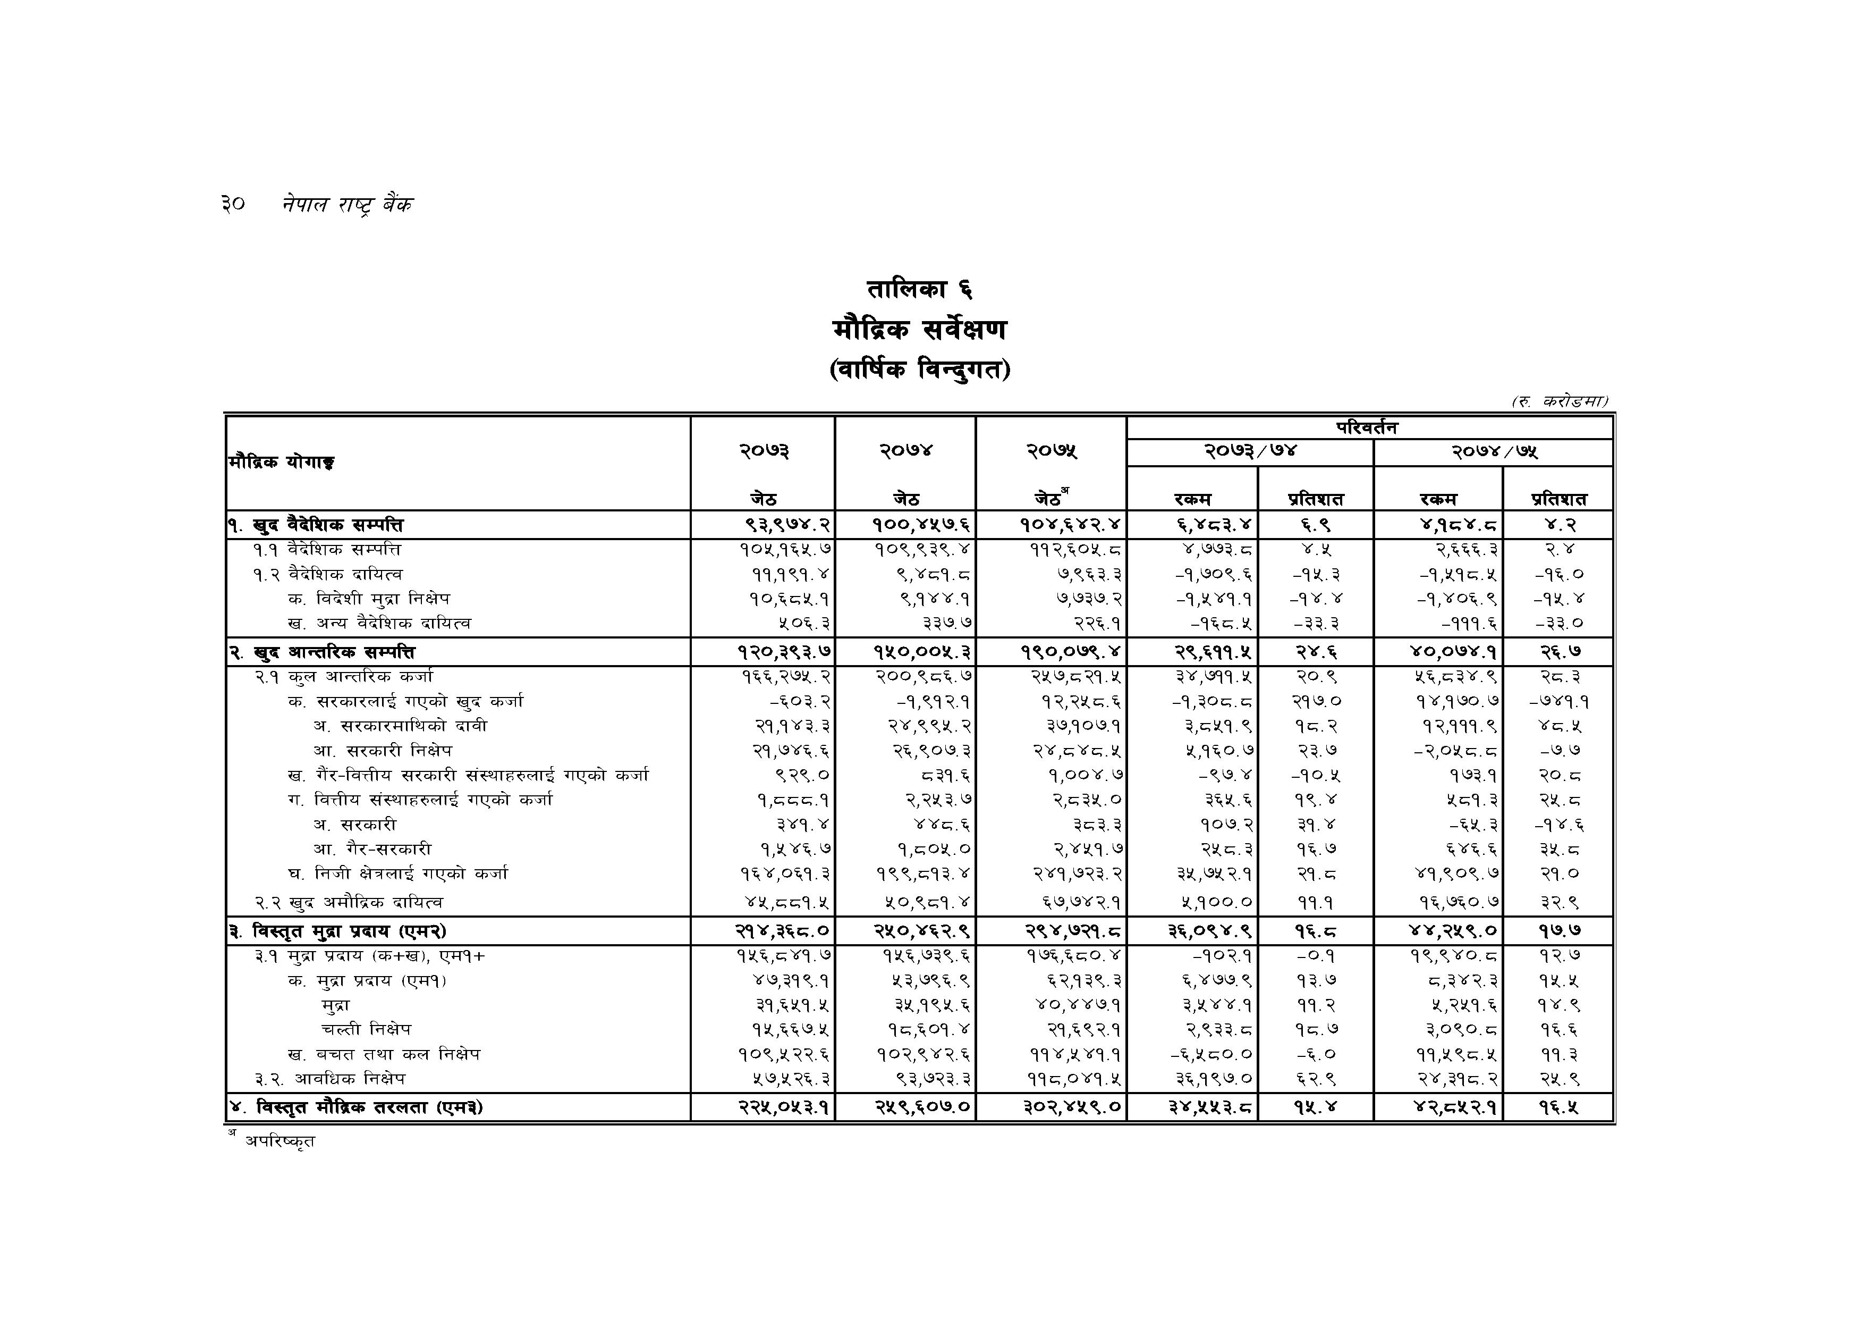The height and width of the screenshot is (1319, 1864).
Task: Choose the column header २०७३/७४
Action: click(1250, 451)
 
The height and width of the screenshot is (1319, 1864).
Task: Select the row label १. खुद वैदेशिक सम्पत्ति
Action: click(317, 525)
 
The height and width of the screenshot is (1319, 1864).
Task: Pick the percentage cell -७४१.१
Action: click(1559, 701)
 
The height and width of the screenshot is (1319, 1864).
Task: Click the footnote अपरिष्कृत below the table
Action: click(280, 1141)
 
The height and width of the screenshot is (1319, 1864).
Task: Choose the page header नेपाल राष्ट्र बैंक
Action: click(348, 204)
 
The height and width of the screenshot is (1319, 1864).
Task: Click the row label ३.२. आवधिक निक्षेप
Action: click(329, 1079)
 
